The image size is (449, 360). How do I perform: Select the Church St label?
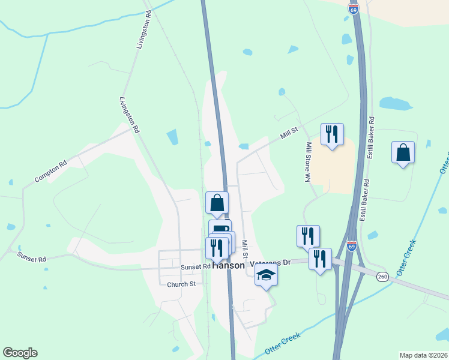181,284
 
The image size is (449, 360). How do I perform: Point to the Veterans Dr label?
270,263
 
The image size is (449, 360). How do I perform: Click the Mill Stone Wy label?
308,162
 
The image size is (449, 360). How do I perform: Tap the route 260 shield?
382,277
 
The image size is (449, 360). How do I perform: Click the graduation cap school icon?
266,275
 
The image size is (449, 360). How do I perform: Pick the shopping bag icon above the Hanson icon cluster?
217,202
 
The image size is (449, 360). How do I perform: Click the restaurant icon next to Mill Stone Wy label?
332,134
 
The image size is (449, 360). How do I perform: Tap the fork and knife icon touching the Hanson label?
216,247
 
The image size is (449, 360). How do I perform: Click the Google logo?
20,353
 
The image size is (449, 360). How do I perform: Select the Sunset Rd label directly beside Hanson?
196,266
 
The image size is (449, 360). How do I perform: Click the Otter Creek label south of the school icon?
282,343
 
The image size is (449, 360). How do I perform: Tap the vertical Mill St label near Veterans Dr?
245,246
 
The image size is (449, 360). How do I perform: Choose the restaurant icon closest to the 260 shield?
321,259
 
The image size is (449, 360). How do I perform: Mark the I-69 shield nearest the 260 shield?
352,246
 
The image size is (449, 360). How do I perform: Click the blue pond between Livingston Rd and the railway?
173,137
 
